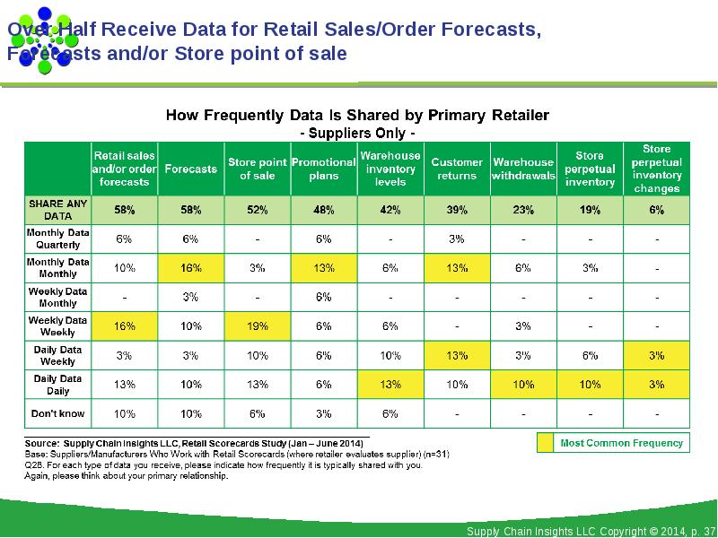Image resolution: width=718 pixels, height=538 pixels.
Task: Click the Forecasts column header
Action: (190, 169)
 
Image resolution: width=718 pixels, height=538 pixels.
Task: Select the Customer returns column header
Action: (457, 169)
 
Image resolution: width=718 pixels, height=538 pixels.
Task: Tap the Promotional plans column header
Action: (323, 169)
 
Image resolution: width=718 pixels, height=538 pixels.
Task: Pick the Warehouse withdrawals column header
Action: (523, 169)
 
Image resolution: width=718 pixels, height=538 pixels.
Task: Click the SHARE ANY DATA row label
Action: (57, 210)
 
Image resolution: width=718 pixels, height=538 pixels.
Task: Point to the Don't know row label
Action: (57, 413)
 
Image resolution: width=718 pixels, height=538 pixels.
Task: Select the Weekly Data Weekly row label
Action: (57, 325)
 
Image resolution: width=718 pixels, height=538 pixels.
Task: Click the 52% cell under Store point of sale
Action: (257, 210)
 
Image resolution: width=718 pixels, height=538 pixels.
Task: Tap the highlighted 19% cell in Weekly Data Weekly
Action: (257, 326)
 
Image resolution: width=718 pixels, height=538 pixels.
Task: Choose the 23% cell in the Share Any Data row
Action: (523, 210)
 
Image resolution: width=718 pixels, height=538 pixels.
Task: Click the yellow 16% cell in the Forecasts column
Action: (190, 268)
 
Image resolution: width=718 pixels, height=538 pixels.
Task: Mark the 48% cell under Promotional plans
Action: (323, 210)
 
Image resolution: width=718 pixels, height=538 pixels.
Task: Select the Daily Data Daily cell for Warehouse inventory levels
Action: (390, 385)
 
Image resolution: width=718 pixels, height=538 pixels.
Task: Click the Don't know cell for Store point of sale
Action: (257, 413)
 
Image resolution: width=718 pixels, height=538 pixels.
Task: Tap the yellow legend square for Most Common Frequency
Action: (545, 442)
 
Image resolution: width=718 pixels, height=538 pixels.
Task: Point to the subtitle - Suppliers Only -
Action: (356, 133)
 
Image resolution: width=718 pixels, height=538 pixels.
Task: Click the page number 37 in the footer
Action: (709, 532)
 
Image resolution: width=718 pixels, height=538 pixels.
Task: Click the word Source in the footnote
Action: (41, 443)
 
